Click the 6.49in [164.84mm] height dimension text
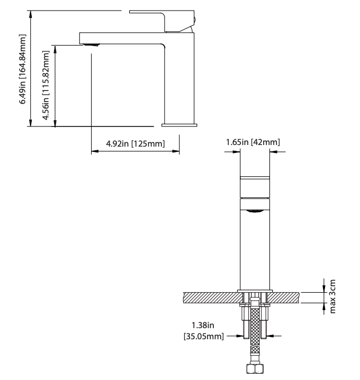(23, 68)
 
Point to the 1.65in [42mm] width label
(253, 142)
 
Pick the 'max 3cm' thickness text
(333, 297)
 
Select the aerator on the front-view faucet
(256, 211)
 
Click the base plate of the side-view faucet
(179, 125)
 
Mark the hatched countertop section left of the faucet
(210, 297)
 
